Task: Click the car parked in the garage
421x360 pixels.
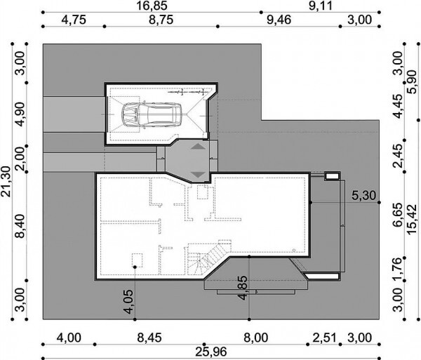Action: coord(152,114)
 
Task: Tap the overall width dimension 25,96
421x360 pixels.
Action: coord(211,352)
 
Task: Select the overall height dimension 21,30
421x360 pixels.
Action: coord(6,182)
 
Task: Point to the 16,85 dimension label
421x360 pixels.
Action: coord(152,6)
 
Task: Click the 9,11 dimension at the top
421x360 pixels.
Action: coord(321,6)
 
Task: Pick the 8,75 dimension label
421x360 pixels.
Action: coord(161,20)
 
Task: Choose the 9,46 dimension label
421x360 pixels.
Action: coord(279,20)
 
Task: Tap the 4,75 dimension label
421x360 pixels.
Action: coord(74,20)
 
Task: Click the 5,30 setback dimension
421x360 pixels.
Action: coord(363,195)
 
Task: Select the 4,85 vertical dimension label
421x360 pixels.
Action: coord(243,288)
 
